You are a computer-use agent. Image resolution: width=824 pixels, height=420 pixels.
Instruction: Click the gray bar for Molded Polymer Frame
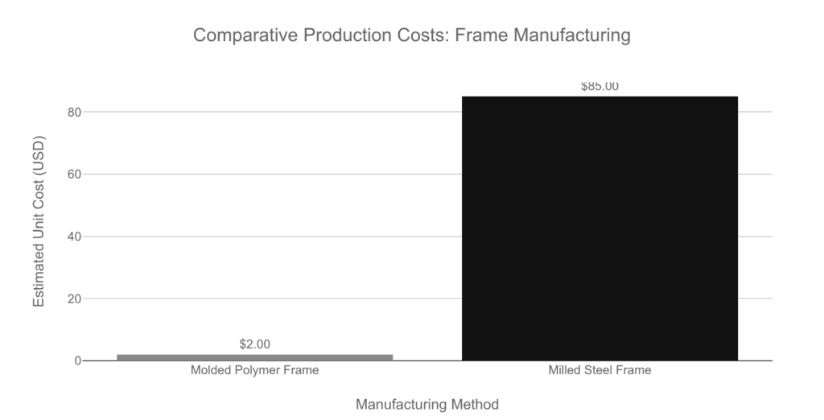(x=254, y=357)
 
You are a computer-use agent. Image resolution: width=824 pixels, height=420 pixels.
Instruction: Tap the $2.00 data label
(x=254, y=344)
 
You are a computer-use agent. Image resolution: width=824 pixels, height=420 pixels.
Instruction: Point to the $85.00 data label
(x=599, y=87)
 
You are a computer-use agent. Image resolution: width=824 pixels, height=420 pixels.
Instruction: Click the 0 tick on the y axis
(x=78, y=361)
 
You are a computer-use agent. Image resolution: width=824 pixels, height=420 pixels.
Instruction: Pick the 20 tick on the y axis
(x=75, y=299)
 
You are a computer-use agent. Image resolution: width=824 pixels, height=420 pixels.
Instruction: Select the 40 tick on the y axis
(x=75, y=237)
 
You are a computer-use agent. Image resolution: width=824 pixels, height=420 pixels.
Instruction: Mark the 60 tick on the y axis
(x=75, y=174)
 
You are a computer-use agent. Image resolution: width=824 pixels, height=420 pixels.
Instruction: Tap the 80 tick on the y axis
(x=75, y=112)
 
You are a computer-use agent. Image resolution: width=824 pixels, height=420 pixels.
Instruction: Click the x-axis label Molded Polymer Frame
(x=254, y=371)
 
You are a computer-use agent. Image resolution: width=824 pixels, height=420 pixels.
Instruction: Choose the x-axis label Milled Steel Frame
(x=599, y=371)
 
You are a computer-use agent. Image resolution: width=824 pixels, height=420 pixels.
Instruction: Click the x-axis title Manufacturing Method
(x=427, y=404)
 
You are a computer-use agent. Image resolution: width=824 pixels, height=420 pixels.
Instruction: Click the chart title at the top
(x=412, y=36)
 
